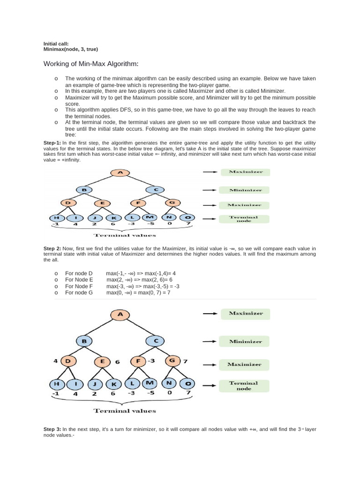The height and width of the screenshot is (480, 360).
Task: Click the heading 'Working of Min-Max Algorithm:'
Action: click(91, 64)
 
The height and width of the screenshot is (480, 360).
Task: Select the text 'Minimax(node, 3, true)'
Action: click(71, 49)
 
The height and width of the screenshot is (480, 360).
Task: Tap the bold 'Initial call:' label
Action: click(56, 44)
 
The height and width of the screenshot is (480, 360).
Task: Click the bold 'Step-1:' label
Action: click(52, 142)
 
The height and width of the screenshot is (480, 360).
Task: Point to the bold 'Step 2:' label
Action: click(52, 248)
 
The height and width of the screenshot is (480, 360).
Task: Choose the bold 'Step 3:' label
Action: click(52, 429)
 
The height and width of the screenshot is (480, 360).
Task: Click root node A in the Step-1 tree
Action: click(120, 172)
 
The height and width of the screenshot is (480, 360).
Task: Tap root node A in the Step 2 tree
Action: click(120, 315)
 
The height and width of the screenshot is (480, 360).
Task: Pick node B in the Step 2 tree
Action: click(84, 341)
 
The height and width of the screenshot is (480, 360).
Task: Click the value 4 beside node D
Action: click(55, 361)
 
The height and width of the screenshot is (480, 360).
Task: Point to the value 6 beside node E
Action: click(118, 362)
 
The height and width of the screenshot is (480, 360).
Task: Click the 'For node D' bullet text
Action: click(79, 273)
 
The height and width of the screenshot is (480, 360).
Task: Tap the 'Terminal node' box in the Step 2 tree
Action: click(244, 385)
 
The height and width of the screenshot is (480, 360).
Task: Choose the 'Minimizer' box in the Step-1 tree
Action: click(242, 190)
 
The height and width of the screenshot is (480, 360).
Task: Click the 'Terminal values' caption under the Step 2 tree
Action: click(125, 411)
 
